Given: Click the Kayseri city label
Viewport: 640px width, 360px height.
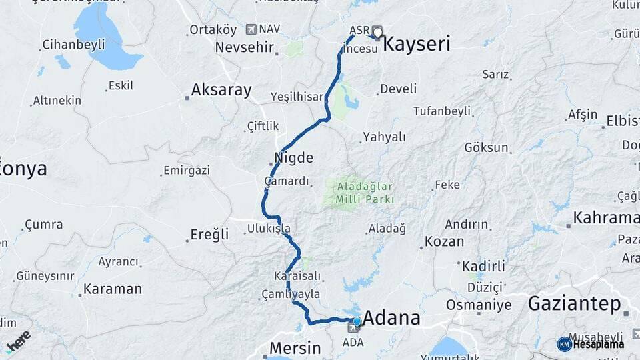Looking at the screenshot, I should pos(417,45).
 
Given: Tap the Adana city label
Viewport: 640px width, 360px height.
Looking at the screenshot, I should pos(391,317).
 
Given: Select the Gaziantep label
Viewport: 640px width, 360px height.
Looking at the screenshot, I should pos(573,303).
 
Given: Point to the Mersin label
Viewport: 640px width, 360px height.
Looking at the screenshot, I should pos(295,347).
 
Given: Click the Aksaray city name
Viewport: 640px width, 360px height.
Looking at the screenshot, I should pos(221,90).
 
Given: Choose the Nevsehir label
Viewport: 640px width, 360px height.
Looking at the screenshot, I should pos(245,47).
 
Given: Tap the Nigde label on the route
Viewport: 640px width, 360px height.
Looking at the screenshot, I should pos(293,159).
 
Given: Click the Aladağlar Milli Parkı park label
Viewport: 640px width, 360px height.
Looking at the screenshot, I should pos(365,192).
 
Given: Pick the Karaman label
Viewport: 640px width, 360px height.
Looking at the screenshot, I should pos(113,289).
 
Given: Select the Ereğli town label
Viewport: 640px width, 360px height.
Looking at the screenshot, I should pos(209,234).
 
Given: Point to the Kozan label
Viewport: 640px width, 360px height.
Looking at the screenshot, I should pos(444,241).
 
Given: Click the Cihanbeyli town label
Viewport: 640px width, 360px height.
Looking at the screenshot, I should pos(73,45).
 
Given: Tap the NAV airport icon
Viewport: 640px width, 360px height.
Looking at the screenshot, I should pos(251,29).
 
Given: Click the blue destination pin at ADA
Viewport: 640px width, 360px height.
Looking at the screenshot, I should pos(357,322).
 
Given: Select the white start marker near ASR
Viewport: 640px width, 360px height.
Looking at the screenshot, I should pos(377,31).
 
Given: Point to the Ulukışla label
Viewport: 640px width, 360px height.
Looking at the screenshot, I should pos(269,228).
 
